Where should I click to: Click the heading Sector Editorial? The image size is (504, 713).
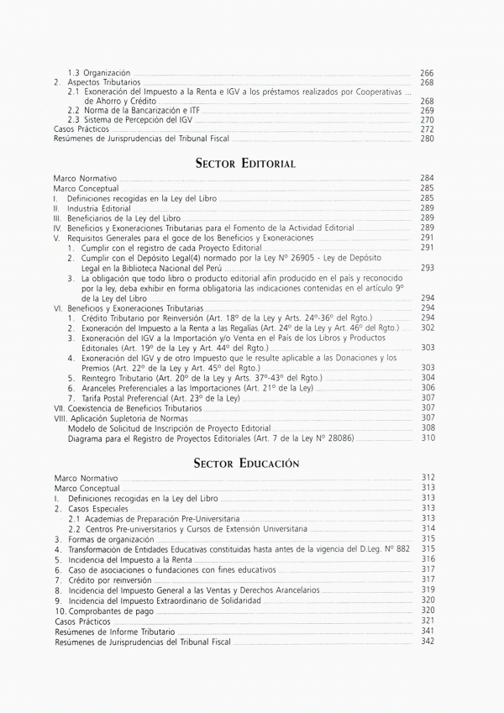[x=244, y=163]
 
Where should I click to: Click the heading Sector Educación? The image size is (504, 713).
[x=246, y=463]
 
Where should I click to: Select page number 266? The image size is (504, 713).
[x=427, y=74]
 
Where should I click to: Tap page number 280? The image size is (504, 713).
[x=427, y=139]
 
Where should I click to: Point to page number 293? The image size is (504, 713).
[x=427, y=268]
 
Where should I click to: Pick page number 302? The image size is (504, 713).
[x=427, y=328]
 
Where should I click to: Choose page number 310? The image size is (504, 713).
[x=427, y=438]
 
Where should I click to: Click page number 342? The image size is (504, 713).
[x=427, y=642]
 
